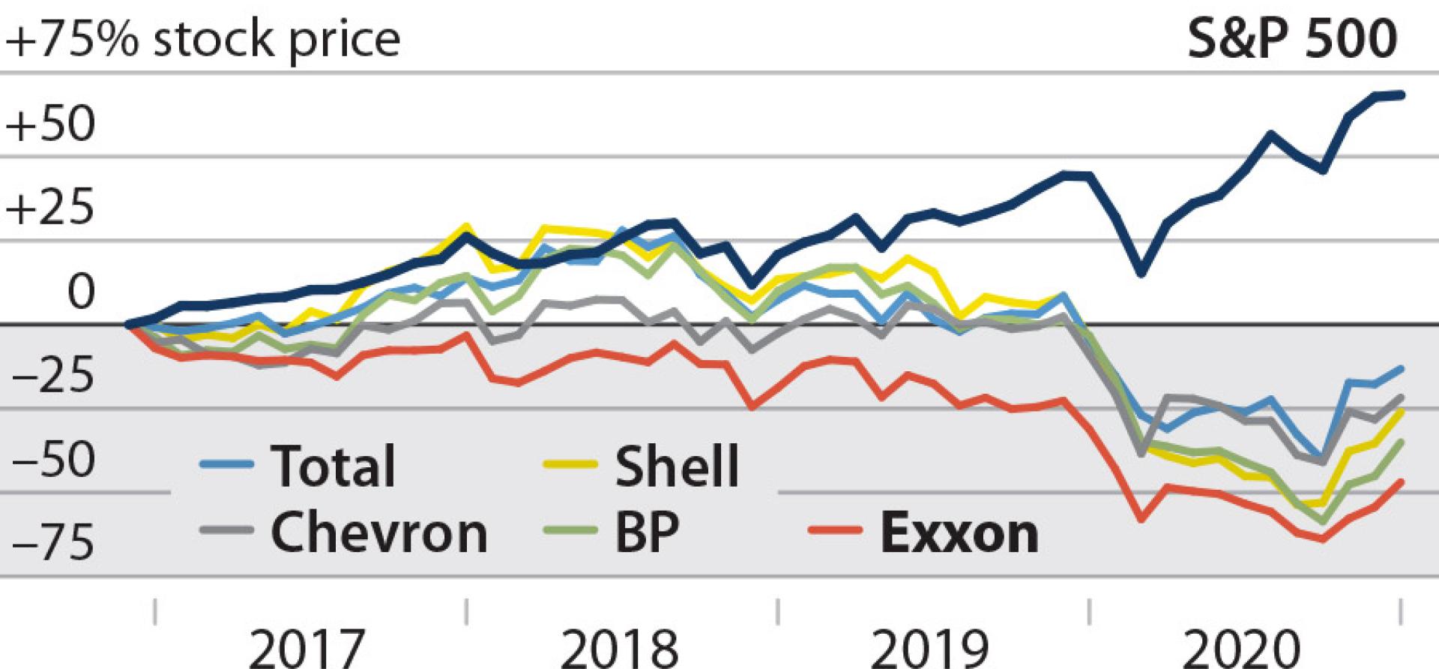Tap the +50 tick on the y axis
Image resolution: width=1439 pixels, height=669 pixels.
(x=51, y=124)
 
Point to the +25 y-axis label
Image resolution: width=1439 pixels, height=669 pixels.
(x=51, y=208)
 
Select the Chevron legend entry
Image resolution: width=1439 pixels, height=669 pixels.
(x=378, y=532)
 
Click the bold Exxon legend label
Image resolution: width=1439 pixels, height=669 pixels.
(x=959, y=532)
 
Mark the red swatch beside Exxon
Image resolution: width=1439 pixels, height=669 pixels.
(x=835, y=531)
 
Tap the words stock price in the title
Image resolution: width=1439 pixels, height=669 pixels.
(x=276, y=39)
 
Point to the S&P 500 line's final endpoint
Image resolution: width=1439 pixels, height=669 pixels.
(x=1402, y=94)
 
